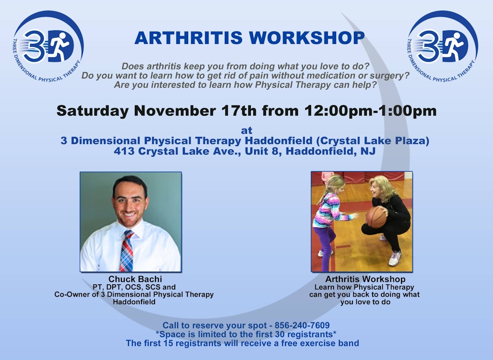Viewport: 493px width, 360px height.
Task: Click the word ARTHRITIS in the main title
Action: (x=188, y=38)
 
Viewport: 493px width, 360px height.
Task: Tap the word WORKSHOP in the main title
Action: (x=307, y=38)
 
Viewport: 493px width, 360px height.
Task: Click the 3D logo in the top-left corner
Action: (x=48, y=46)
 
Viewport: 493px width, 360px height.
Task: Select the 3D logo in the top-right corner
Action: (x=442, y=46)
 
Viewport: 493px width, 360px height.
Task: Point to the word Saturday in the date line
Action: (x=93, y=111)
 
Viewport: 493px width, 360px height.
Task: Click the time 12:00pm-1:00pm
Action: (x=370, y=111)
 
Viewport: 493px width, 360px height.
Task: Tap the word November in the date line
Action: (x=175, y=111)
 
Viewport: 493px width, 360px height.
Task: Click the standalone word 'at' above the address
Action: (x=246, y=130)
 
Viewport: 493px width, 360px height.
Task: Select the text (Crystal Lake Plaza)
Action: (x=373, y=141)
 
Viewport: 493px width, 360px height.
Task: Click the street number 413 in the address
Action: (x=124, y=151)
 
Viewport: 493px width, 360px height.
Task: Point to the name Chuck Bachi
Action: (x=135, y=279)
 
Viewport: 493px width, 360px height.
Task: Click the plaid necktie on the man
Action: (x=127, y=251)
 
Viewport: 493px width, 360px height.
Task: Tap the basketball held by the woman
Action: (x=376, y=217)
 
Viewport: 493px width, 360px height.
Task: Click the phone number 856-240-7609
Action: (x=302, y=325)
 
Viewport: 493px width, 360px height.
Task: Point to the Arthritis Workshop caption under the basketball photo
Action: (x=365, y=279)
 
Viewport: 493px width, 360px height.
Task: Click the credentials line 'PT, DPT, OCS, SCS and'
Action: (x=134, y=287)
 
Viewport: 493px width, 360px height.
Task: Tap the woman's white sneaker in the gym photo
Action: (x=395, y=258)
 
